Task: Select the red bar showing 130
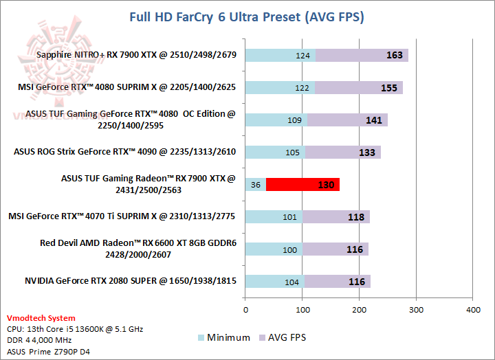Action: pyautogui.click(x=302, y=184)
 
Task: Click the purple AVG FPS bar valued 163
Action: pyautogui.click(x=362, y=55)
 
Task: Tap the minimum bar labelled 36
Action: pyautogui.click(x=256, y=184)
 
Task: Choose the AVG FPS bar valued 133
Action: pyautogui.click(x=342, y=152)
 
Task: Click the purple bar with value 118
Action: pyautogui.click(x=336, y=216)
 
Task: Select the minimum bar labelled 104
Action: pyautogui.click(x=275, y=281)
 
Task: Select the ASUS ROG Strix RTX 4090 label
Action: pyautogui.click(x=124, y=152)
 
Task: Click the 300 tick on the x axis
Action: pyautogui.click(x=416, y=311)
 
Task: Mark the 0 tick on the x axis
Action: pyautogui.click(x=245, y=311)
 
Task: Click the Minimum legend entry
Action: pyautogui.click(x=219, y=337)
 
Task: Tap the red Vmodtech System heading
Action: pyautogui.click(x=41, y=319)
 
